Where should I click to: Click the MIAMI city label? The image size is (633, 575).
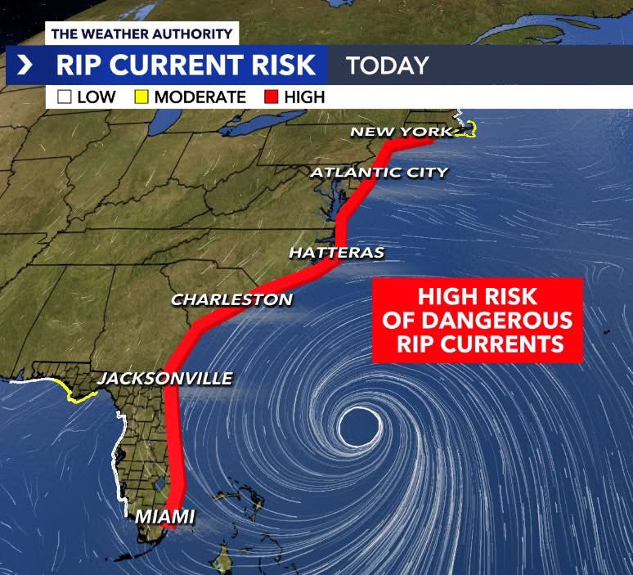(x=164, y=517)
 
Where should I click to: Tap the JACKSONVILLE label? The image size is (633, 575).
(x=164, y=379)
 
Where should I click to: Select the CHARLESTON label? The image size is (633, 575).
(x=231, y=300)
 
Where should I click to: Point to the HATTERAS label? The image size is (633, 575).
(x=336, y=254)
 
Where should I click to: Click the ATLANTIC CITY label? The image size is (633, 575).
(x=379, y=173)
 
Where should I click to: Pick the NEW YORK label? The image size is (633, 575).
(x=400, y=132)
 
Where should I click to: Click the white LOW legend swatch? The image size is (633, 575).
(x=65, y=97)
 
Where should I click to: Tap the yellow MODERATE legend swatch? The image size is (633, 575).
(x=141, y=97)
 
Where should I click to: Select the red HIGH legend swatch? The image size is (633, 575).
(x=271, y=97)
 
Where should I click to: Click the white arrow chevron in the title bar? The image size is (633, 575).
(x=25, y=65)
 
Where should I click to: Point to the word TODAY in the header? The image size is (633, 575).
(x=387, y=65)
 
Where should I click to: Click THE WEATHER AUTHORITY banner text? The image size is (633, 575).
(x=141, y=34)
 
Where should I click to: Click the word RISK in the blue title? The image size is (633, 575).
(x=276, y=65)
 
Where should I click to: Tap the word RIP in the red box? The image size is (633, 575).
(x=415, y=343)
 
